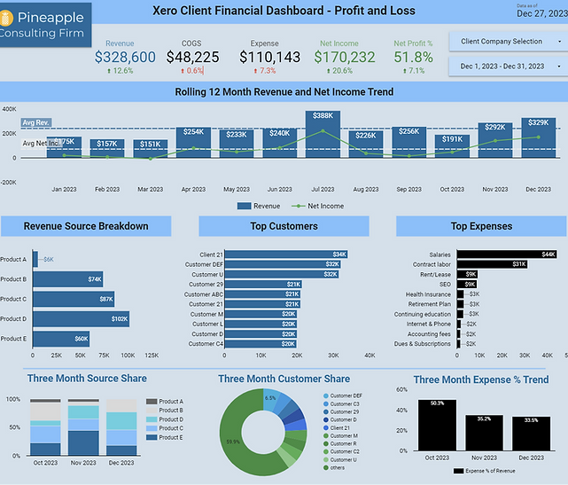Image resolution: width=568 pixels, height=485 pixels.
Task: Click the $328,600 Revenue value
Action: click(125, 57)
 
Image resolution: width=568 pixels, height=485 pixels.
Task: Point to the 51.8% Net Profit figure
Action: click(413, 57)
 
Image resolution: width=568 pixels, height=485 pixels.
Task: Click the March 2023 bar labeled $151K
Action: click(151, 148)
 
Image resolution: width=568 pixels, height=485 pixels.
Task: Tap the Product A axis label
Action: click(13, 259)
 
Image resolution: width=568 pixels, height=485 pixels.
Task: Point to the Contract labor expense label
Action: click(432, 264)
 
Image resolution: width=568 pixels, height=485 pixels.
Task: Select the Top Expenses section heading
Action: click(481, 226)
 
